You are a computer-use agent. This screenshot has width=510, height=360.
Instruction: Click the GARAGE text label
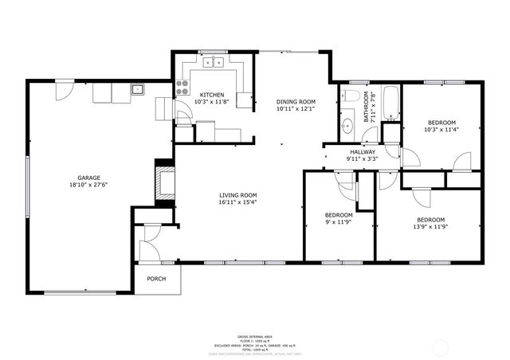(x=88, y=177)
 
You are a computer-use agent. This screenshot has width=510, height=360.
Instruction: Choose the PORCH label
(x=155, y=279)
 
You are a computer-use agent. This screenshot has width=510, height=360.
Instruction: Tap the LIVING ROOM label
(x=238, y=194)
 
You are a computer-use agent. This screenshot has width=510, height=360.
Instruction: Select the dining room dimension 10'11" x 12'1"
(x=296, y=108)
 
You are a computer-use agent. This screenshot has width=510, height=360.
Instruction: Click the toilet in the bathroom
(x=350, y=96)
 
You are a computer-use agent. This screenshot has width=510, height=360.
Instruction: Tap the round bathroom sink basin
(x=347, y=126)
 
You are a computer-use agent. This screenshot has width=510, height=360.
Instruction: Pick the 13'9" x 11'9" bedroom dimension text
(x=431, y=226)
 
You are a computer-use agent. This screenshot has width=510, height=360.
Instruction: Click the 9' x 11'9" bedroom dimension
(x=339, y=222)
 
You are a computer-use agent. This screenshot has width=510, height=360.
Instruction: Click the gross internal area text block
(x=255, y=343)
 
